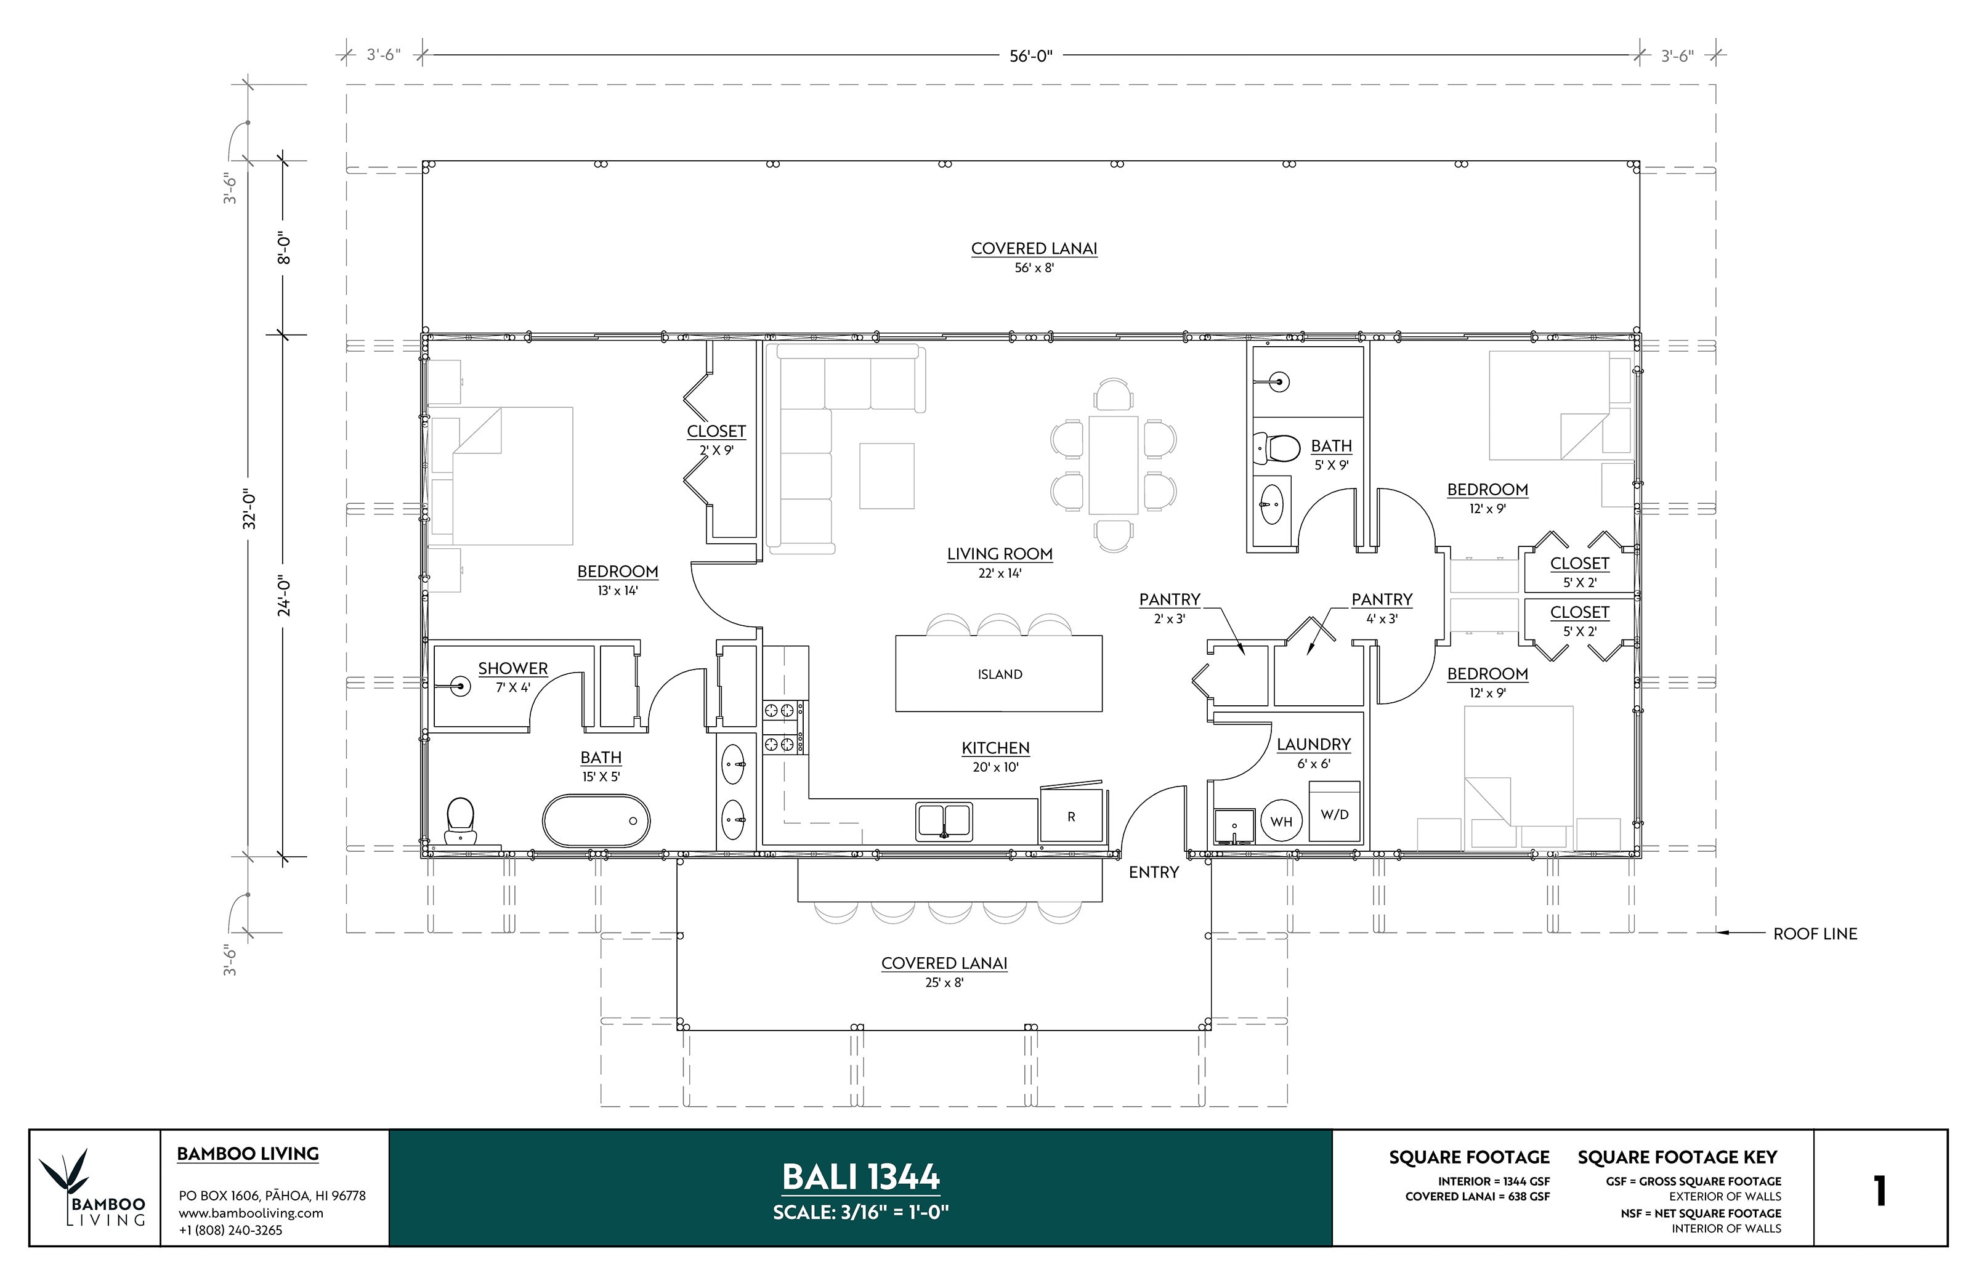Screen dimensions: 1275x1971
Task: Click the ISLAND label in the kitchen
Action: [999, 674]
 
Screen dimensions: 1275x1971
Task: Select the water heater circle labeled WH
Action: [1281, 821]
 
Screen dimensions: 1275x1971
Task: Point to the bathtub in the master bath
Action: [596, 820]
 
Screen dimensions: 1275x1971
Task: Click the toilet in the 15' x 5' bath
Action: [459, 820]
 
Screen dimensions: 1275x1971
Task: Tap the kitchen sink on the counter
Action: [944, 821]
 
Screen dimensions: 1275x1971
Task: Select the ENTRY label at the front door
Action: [1153, 872]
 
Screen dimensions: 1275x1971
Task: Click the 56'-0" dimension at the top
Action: [1030, 55]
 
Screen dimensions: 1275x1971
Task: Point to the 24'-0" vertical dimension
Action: [284, 595]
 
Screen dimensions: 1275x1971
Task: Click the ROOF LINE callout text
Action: [1815, 934]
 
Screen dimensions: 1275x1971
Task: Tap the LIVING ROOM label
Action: [999, 554]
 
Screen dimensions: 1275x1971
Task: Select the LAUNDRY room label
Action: [1313, 744]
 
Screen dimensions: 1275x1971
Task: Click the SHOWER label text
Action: [512, 668]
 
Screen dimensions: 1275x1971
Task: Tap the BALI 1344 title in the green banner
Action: [860, 1176]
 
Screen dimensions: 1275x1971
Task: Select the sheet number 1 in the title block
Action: [1879, 1191]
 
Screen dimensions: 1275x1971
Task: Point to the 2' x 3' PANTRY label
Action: [1169, 599]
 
